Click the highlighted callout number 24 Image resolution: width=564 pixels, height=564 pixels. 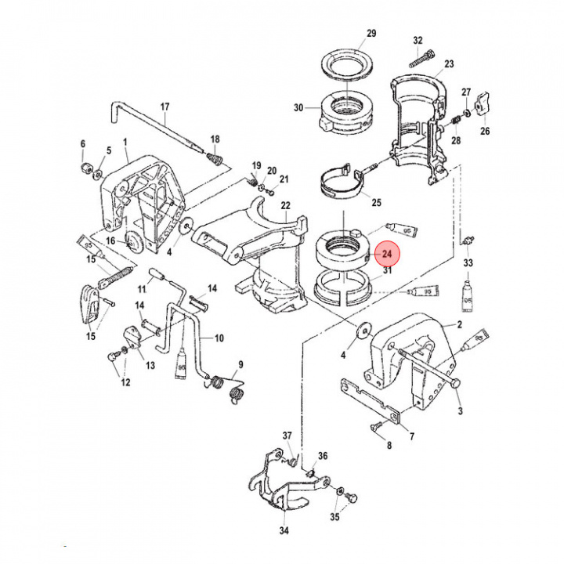[x=385, y=255]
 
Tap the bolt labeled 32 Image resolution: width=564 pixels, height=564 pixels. [x=421, y=56]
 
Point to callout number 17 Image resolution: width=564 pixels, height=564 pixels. [x=165, y=107]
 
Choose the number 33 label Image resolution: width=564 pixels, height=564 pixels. [x=468, y=262]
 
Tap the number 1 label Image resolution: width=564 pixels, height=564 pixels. [x=123, y=144]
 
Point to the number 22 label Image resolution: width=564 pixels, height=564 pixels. [x=286, y=206]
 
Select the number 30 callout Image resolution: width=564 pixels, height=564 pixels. [x=298, y=108]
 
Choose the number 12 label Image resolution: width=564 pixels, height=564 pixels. [x=125, y=383]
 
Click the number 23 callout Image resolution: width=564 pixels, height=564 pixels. [x=449, y=63]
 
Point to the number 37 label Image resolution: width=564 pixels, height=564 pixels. [x=287, y=436]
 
